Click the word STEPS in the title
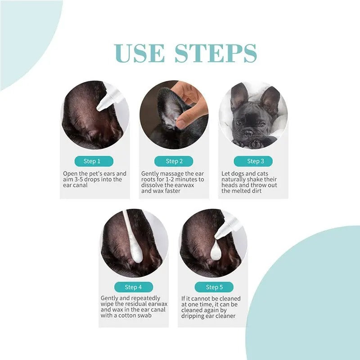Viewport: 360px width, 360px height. [x=216, y=54]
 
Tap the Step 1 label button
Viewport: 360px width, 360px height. [x=92, y=161]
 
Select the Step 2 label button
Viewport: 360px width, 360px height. [x=174, y=161]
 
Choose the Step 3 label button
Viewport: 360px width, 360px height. [x=253, y=161]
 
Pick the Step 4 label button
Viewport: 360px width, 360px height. [x=133, y=287]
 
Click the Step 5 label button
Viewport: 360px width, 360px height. [x=214, y=287]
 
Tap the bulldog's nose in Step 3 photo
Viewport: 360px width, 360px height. [x=248, y=132]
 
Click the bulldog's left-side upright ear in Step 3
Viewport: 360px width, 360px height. [x=238, y=97]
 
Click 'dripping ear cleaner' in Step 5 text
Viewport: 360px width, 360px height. [x=209, y=316]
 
